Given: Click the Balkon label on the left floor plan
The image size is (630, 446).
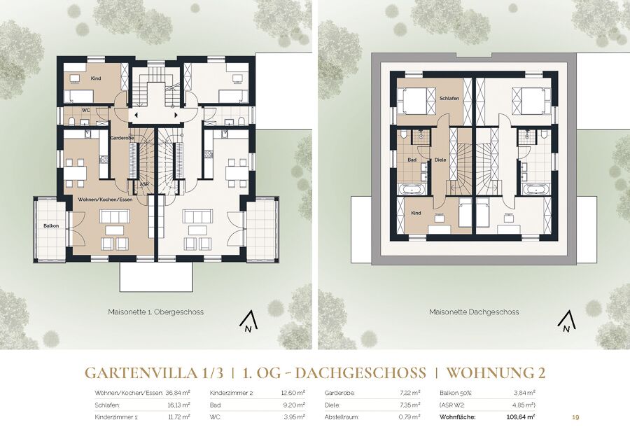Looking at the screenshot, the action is pos(51,226).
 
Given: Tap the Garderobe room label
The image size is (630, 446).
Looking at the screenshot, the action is pos(122,138).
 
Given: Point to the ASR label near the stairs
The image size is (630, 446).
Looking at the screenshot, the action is pos(143,184).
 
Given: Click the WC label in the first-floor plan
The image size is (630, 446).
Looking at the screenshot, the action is pos(85,110).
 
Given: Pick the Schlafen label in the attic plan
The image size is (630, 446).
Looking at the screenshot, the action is pos(449,99).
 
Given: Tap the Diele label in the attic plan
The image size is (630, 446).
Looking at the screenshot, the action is pos(440,160).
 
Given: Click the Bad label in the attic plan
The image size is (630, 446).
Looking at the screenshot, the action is pos(412,160).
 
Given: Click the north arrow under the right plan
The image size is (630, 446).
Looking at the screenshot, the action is pos(567,323).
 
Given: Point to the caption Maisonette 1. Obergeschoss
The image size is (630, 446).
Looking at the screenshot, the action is pos(156,312).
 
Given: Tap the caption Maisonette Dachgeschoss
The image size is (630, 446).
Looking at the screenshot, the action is pos(474,312).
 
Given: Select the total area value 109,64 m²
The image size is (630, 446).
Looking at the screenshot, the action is pos(521,417).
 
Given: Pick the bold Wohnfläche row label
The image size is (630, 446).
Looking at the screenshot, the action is pos(458,417).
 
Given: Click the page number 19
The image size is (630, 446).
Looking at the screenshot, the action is pos(575,417).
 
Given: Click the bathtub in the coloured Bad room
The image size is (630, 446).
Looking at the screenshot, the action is pos(412,189).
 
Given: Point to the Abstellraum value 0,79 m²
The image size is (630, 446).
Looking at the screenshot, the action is pos(409,417).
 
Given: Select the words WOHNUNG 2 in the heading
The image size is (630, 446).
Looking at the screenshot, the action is pos(496,373).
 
